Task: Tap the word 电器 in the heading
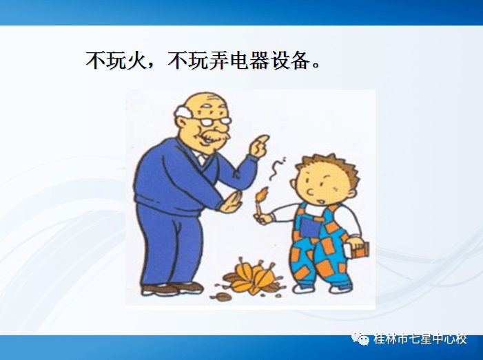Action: pos(243,61)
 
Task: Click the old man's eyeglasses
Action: pos(216,121)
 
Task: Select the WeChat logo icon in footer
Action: pos(361,339)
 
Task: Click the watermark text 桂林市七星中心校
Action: pos(420,339)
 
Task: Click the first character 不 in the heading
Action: pos(95,61)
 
